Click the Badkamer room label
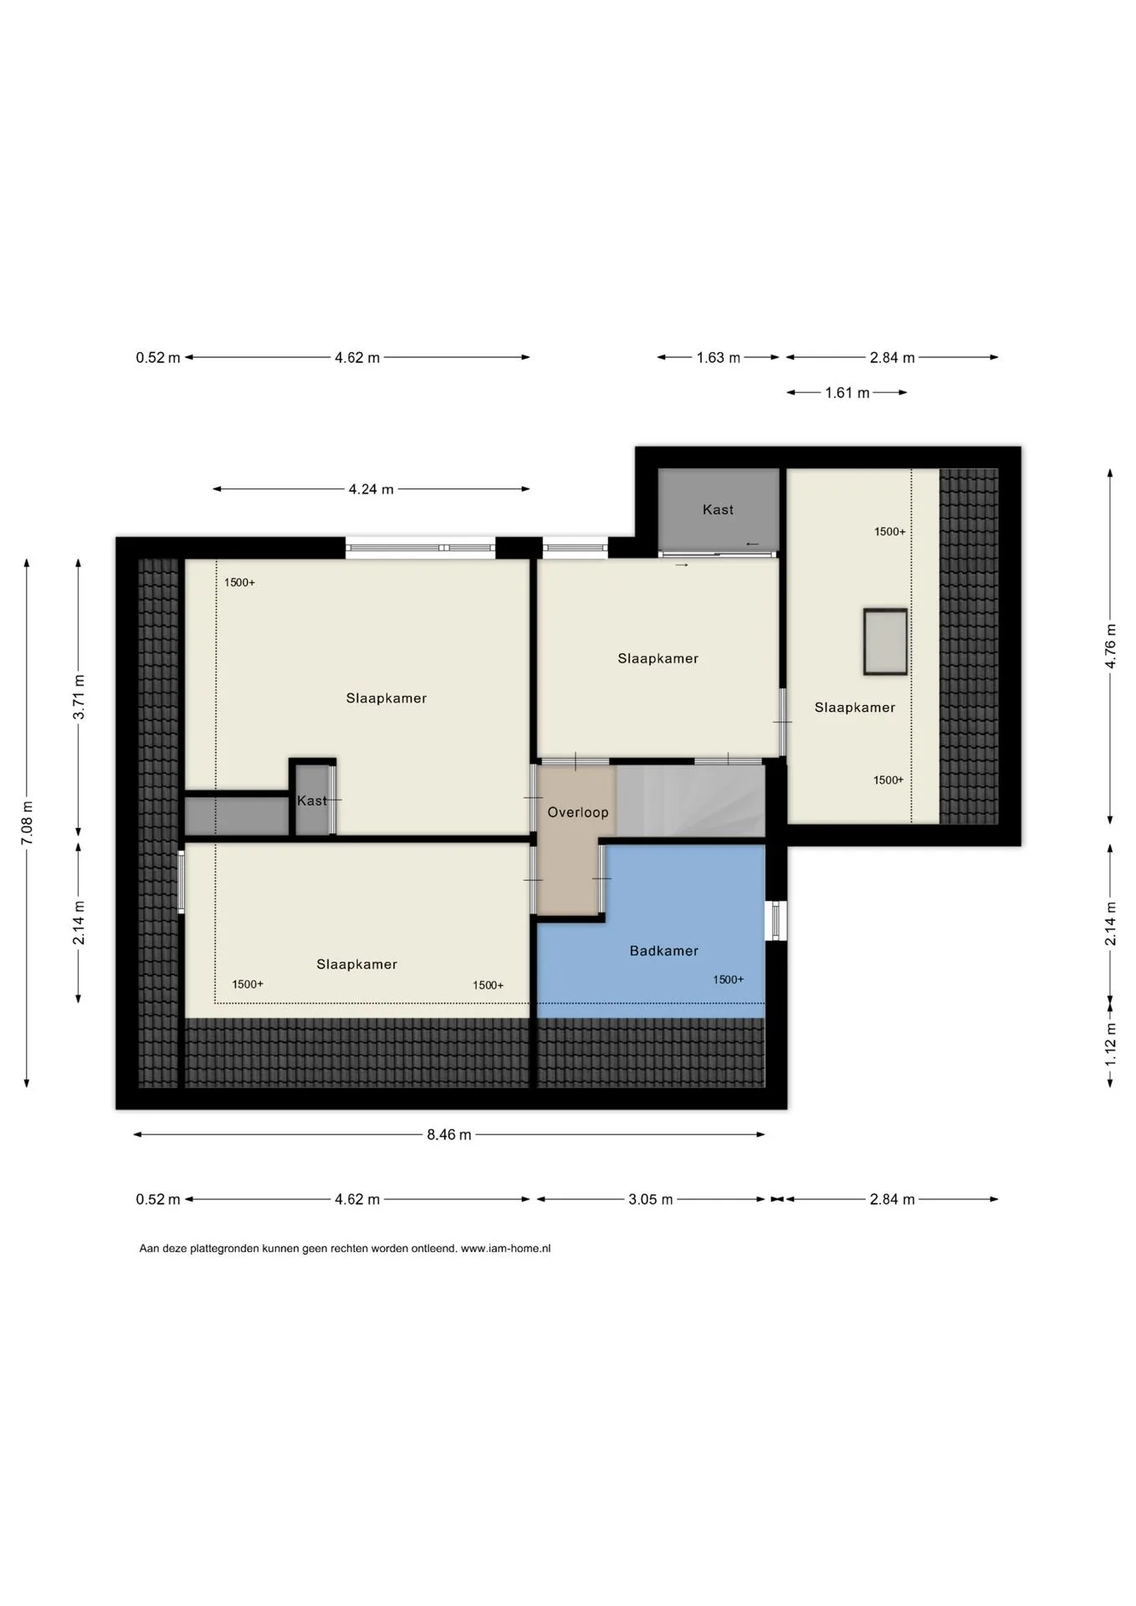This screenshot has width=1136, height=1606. pos(663,950)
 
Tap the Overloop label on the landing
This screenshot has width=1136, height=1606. pos(578,812)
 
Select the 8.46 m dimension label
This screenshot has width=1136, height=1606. pos(449,1135)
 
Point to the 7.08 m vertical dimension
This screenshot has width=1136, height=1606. pos(28,823)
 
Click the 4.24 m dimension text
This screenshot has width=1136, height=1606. pos(371,489)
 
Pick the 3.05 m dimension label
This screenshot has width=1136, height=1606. pos(651,1199)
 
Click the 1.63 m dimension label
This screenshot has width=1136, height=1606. pos(719,358)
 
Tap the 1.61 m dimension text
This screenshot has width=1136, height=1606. pos(847,392)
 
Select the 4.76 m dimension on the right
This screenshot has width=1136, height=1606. pos(1111,646)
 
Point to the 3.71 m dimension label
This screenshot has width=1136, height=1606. pos(79,697)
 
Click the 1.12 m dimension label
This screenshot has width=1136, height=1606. pos(1111,1045)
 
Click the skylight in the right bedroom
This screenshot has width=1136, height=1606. pos(885,642)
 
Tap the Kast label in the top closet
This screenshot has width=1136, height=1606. pos(718,509)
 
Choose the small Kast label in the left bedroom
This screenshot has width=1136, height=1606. pos(312,801)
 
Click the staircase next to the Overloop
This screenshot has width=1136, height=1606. pos(691,800)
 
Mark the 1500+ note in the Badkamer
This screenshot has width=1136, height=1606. pos(729,979)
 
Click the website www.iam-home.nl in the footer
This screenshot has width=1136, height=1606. pos(506,1249)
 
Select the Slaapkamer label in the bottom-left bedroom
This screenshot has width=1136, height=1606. pos(356,964)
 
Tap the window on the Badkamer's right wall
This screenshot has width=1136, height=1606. pos(776,920)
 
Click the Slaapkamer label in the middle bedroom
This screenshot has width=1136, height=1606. pos(658,658)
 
